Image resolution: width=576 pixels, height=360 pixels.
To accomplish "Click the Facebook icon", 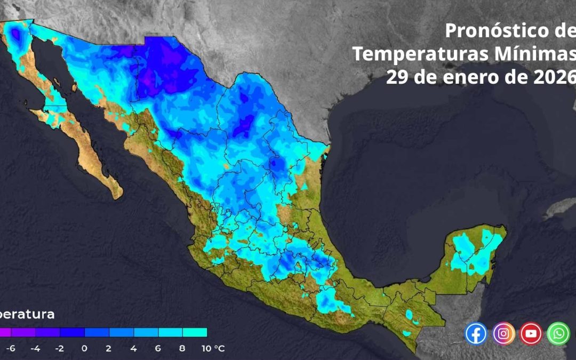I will (476, 333).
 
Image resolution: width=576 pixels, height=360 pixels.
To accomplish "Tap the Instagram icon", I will (503, 333).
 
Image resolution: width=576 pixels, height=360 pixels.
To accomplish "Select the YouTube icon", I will (531, 333).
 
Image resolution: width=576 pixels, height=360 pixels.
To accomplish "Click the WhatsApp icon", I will (558, 333).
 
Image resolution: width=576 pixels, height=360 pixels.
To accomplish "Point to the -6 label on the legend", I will (11, 349).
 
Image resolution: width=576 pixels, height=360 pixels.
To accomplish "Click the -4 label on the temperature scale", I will (35, 349).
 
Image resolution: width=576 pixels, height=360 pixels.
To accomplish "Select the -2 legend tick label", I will (60, 349).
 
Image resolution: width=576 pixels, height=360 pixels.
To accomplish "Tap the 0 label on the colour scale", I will (85, 349).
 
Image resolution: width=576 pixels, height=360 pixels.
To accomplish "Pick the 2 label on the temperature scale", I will (109, 349).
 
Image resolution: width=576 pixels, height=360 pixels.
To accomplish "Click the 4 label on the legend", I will (133, 349).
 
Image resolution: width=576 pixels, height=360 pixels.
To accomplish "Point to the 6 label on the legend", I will (158, 349).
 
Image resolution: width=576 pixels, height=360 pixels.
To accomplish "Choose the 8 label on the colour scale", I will (182, 349).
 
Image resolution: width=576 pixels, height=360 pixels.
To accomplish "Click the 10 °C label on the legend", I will (212, 349).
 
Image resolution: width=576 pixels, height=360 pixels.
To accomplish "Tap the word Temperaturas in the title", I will (413, 54).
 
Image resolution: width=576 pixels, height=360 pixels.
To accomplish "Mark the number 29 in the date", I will (397, 77).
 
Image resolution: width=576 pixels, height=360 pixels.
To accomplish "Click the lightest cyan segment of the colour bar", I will (195, 332).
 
